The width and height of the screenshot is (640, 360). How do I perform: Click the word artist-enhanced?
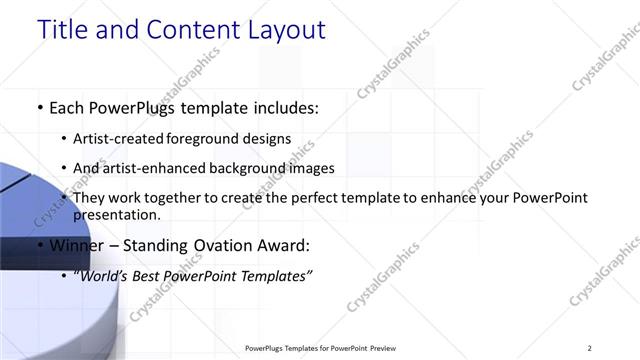click(154, 168)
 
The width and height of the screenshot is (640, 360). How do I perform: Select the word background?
click(252, 168)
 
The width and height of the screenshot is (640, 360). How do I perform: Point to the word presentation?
click(116, 214)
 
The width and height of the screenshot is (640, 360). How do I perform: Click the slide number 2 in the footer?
click(590, 348)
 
